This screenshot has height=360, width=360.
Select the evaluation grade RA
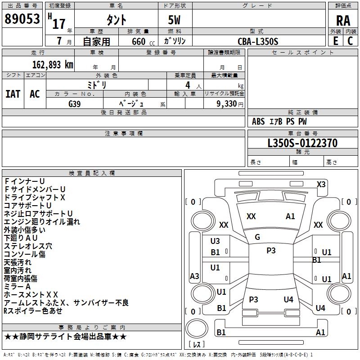tap(343, 20)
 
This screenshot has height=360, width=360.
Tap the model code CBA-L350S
tap(258, 41)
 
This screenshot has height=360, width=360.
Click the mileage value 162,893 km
tap(53, 64)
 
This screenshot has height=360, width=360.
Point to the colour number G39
tap(75, 103)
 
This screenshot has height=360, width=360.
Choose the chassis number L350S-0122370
tap(302, 144)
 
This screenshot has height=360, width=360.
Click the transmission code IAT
tap(13, 94)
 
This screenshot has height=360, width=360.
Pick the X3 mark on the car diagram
tap(321, 184)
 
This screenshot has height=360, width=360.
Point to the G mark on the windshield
tap(257, 237)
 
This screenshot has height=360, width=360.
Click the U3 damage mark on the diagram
tap(215, 241)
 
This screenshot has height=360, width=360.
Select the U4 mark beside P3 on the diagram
tap(288, 299)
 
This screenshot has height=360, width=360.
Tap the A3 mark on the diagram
tap(194, 276)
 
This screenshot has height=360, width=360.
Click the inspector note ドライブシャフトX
tap(35, 197)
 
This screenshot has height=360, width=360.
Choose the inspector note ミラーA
tap(17, 286)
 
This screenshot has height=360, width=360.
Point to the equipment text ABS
tap(258, 121)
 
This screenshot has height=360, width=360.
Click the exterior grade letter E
tap(335, 41)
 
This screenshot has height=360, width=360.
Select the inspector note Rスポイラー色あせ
tap(33, 310)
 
